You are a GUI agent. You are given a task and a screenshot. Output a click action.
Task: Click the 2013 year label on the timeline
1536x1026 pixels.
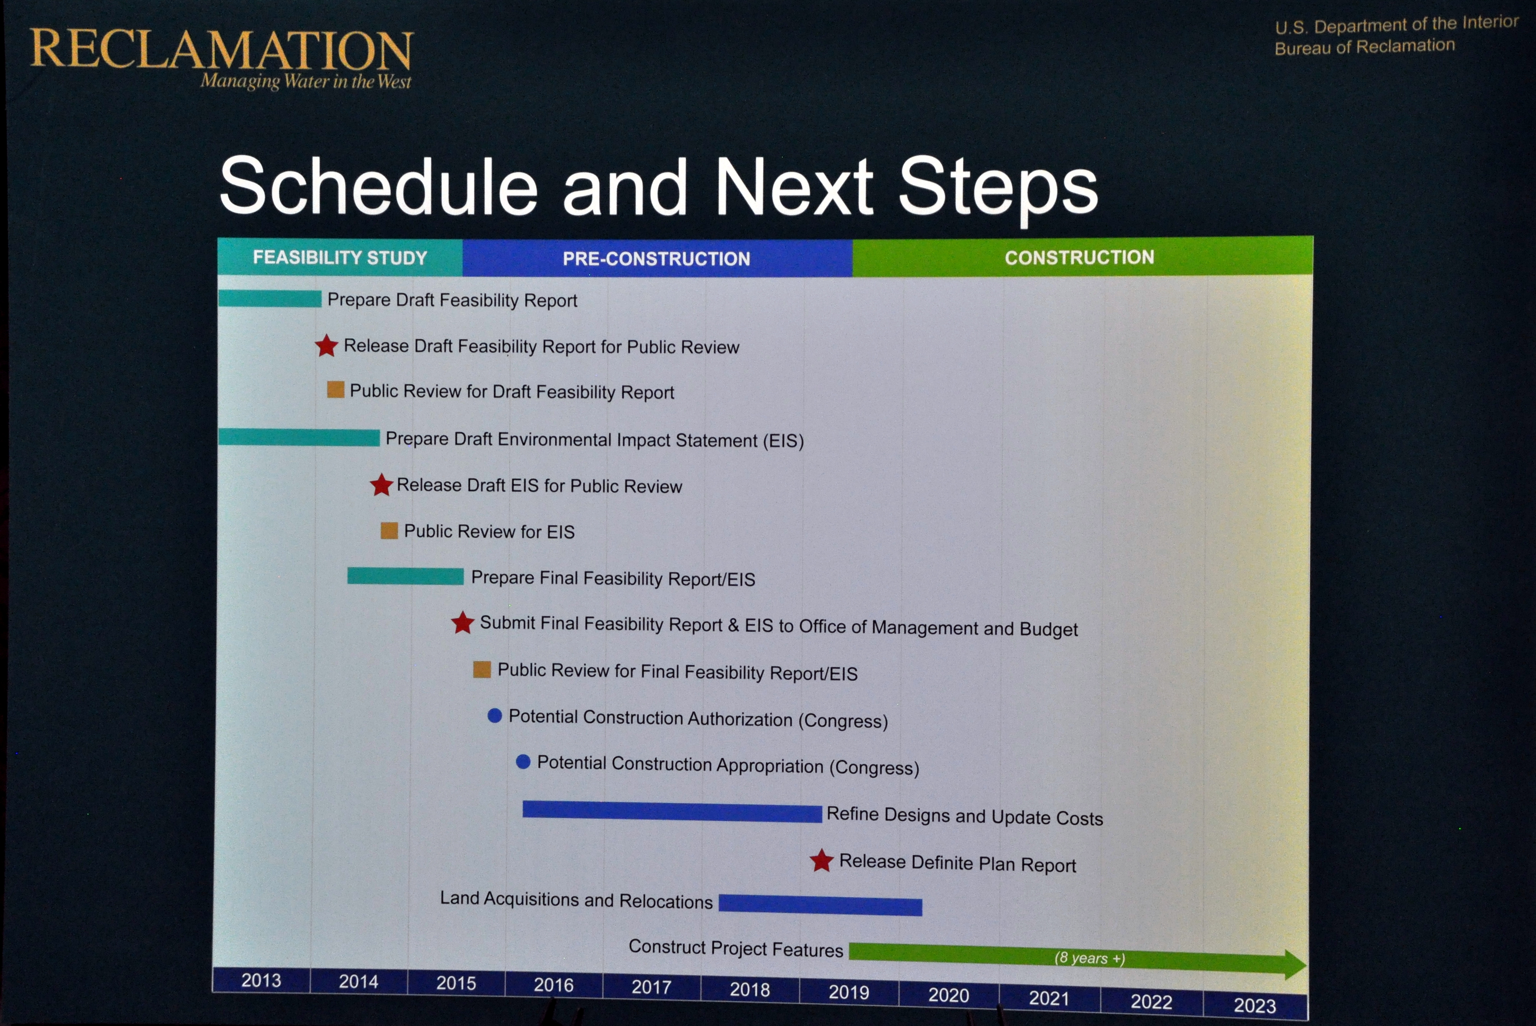(x=261, y=980)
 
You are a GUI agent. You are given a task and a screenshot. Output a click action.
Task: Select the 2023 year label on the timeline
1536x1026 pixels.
(x=1255, y=1005)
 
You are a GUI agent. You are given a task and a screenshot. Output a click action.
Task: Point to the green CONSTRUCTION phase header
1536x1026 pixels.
(x=1079, y=257)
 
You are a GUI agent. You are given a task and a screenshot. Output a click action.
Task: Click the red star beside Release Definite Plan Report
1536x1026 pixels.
(x=822, y=860)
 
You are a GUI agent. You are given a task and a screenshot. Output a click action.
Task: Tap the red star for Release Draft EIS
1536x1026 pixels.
(x=382, y=485)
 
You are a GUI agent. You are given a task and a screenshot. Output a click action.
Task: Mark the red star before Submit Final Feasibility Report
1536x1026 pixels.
(x=462, y=622)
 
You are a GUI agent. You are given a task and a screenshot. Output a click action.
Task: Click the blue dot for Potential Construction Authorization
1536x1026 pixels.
(x=495, y=716)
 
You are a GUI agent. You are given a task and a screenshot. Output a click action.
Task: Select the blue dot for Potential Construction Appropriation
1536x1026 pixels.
(x=523, y=762)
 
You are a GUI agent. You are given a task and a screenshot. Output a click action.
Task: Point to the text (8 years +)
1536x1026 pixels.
(x=1089, y=958)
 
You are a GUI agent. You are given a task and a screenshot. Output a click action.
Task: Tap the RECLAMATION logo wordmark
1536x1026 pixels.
(x=222, y=50)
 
